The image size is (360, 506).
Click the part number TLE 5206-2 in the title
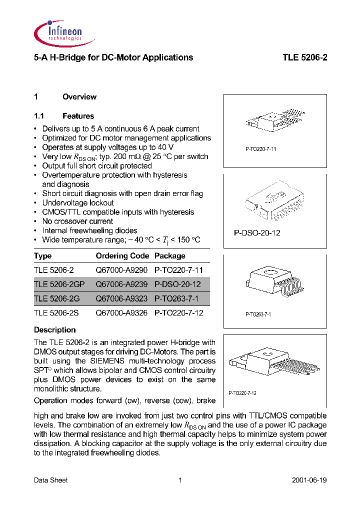point(304,57)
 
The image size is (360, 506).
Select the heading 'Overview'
point(79,97)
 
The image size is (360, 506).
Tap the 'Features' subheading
point(78,116)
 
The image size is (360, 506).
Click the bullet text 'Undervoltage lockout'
point(78,203)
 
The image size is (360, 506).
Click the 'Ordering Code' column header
point(122,256)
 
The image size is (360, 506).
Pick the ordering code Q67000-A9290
point(121,270)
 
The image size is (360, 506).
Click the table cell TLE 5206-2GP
point(59,284)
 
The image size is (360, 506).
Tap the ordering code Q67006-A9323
point(121,298)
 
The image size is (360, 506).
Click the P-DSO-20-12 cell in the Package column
point(177,284)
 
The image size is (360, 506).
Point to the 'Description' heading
point(54,330)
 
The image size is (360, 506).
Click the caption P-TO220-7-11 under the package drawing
point(260,149)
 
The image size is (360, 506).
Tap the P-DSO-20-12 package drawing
point(273,202)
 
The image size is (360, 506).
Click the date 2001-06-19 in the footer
point(309,480)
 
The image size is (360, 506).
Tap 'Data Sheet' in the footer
point(50,480)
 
